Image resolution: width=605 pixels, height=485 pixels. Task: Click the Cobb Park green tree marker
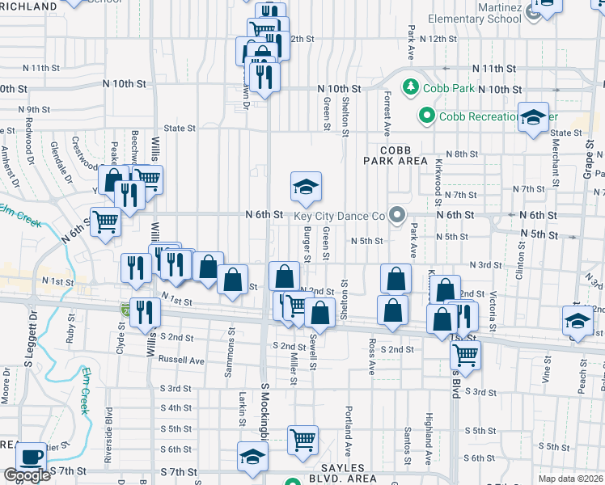pyautogui.click(x=410, y=86)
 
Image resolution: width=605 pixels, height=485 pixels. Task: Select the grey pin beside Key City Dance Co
pyautogui.click(x=396, y=215)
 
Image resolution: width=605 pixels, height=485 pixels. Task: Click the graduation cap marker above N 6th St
pyautogui.click(x=306, y=188)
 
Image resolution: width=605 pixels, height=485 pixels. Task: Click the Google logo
pyautogui.click(x=27, y=475)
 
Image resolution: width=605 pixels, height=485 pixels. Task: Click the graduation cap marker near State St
pyautogui.click(x=534, y=118)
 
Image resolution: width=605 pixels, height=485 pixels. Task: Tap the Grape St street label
pyautogui.click(x=588, y=155)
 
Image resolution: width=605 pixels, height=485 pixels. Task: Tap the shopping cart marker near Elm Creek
pyautogui.click(x=106, y=221)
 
